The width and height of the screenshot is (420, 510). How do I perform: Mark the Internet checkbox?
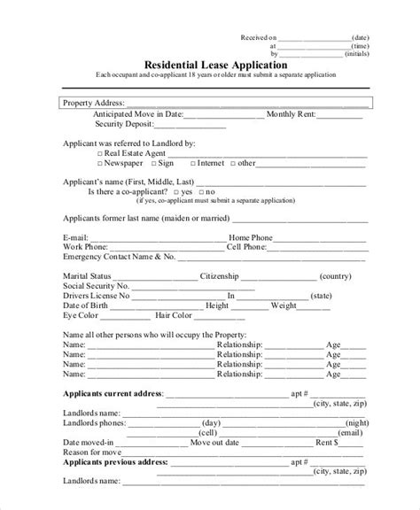[192, 163]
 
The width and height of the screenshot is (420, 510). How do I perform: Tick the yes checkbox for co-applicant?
[176, 190]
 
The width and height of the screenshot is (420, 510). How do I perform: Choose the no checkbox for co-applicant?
[200, 190]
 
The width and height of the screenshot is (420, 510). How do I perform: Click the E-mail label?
[76, 237]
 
